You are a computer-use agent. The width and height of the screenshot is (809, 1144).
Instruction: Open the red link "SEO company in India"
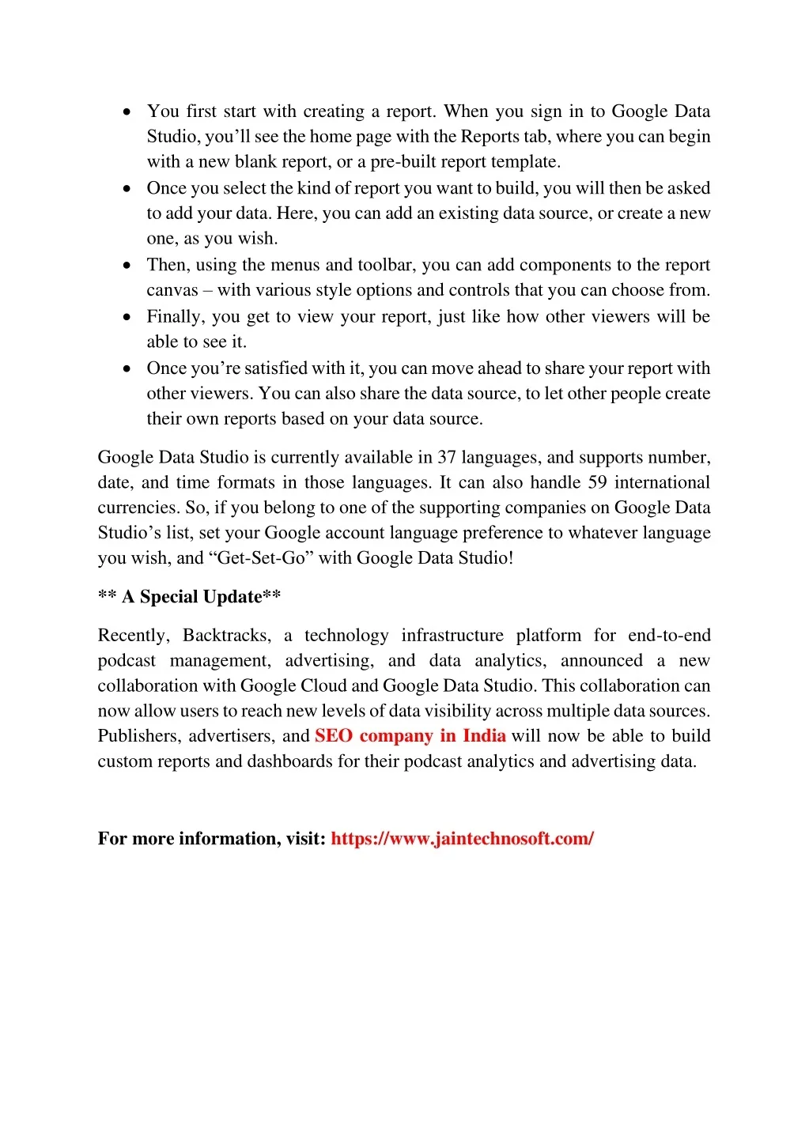[410, 736]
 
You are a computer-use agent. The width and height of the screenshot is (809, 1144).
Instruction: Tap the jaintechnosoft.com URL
[462, 839]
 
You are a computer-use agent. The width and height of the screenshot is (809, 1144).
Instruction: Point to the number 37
[447, 458]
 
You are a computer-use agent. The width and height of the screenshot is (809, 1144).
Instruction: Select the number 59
[598, 483]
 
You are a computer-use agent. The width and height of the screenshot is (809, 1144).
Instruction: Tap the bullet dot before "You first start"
[127, 112]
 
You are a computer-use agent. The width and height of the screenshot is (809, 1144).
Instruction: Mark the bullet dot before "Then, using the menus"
[127, 266]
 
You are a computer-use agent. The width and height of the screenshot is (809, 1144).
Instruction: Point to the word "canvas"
[172, 290]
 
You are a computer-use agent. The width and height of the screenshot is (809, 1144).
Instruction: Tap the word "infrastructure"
[452, 636]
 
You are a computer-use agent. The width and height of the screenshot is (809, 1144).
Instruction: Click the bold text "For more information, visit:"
[211, 839]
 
